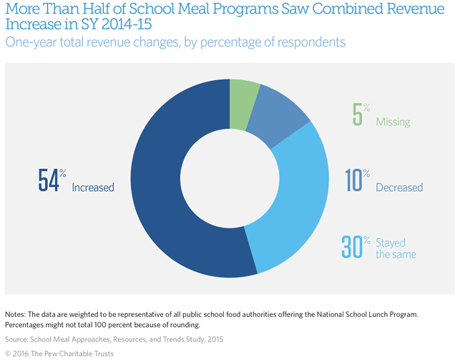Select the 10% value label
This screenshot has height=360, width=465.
pyautogui.click(x=357, y=180)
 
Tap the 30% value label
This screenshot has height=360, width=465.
pyautogui.click(x=356, y=247)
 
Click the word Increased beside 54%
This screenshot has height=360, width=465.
pyautogui.click(x=93, y=187)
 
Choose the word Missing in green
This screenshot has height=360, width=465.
pyautogui.click(x=393, y=122)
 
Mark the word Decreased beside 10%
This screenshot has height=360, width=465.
pyautogui.click(x=399, y=188)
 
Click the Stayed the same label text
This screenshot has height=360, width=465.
pyautogui.click(x=396, y=248)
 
